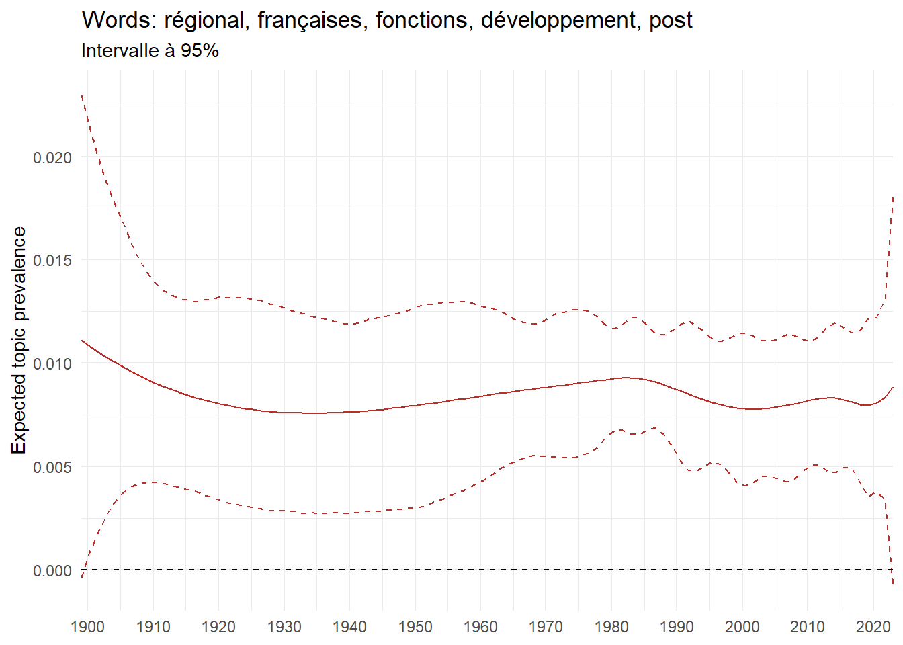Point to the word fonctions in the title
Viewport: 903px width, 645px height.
(421, 21)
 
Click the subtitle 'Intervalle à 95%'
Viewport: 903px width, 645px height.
(150, 51)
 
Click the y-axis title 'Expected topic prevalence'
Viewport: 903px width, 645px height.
(19, 340)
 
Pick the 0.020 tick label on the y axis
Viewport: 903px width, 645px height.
(52, 157)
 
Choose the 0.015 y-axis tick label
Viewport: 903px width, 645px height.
(52, 260)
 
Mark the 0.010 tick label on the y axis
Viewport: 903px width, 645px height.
(52, 363)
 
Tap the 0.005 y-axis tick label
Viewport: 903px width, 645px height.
(52, 467)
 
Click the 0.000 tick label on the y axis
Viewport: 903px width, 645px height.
(52, 570)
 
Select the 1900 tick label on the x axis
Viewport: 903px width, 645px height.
(87, 627)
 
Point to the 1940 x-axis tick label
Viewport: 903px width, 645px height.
(349, 627)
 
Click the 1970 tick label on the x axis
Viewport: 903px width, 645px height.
(546, 627)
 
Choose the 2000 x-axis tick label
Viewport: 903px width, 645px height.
(742, 627)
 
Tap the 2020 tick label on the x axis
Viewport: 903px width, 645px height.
(873, 627)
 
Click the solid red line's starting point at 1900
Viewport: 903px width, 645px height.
(82, 341)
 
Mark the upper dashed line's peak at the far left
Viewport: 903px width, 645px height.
(82, 95)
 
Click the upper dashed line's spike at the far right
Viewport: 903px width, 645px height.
(892, 197)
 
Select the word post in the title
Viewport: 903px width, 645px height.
(671, 21)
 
